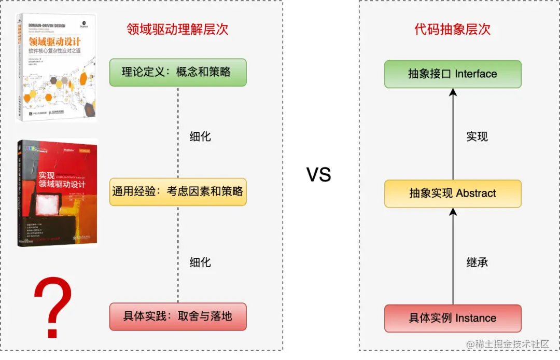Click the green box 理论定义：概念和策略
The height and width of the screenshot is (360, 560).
[178, 72]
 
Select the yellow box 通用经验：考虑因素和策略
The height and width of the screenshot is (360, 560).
[178, 191]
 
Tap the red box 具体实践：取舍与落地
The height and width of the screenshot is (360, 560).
[178, 316]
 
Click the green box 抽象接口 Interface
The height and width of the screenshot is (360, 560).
[453, 74]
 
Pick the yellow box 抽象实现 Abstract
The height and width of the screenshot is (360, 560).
[453, 193]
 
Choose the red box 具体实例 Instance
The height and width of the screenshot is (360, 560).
[453, 318]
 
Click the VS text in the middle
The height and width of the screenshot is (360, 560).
[319, 175]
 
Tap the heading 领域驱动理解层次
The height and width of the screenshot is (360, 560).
[177, 29]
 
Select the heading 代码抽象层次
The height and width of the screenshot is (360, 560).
[453, 29]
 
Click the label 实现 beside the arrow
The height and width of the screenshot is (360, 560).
[477, 137]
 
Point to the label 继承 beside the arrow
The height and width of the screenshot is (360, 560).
[477, 262]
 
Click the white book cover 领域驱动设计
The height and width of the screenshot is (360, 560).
[56, 67]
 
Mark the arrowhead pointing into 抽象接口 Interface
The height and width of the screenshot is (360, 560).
[453, 92]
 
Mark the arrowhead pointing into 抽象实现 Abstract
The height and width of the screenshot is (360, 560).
[453, 212]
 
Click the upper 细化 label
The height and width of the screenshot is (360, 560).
[200, 137]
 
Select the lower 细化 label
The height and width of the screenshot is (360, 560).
[200, 262]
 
